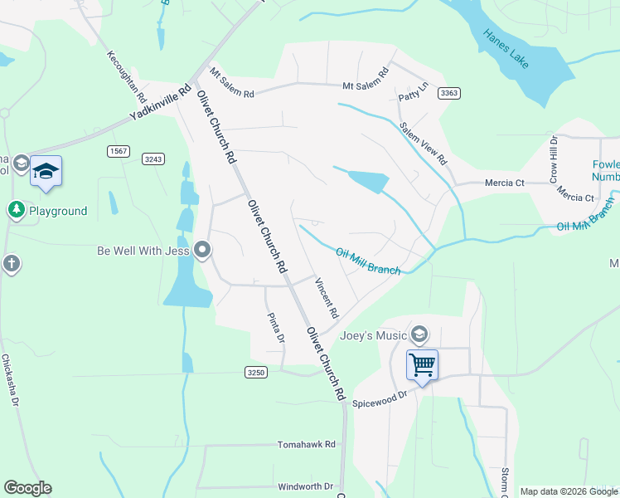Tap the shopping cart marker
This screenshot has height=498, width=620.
click(422, 364)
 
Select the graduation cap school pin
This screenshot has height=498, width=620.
click(46, 172)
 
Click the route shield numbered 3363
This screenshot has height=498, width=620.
click(449, 93)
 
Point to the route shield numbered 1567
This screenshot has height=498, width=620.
click(118, 150)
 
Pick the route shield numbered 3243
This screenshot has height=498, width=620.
click(153, 159)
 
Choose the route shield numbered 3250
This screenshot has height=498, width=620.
click(256, 373)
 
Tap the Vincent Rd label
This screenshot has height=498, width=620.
click(326, 299)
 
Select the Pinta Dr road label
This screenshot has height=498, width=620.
click(275, 328)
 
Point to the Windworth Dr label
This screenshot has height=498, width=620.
click(305, 486)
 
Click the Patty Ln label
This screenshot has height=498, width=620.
click(414, 91)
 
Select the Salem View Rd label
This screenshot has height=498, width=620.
click(423, 143)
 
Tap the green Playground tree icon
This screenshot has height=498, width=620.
click(16, 211)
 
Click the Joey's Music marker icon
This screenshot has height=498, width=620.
click(419, 334)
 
